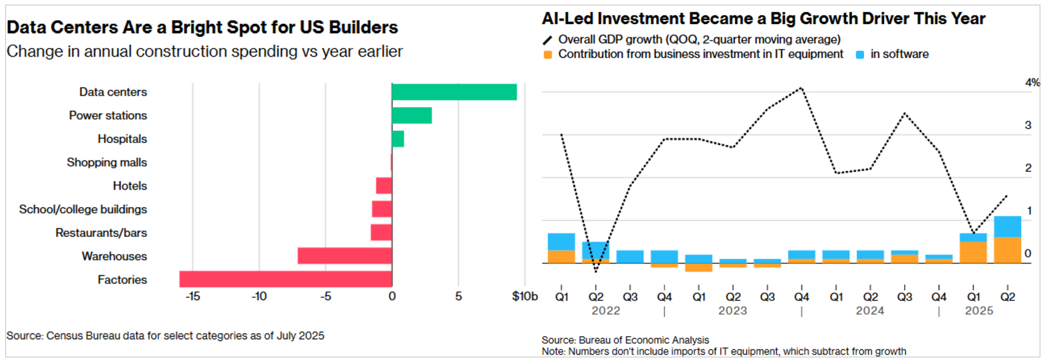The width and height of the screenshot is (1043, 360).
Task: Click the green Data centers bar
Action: click(454, 92)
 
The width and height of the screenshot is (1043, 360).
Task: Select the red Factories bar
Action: click(285, 279)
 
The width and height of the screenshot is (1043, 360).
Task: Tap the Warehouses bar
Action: click(345, 256)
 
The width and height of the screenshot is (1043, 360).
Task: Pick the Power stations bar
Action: click(412, 115)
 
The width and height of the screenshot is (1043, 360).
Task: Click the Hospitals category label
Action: click(122, 139)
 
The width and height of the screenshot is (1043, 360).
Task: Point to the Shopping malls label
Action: click(107, 162)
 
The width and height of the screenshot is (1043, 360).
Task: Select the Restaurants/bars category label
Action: click(102, 233)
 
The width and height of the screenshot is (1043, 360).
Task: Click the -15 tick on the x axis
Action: click(192, 296)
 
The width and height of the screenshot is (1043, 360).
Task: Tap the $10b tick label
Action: click(525, 296)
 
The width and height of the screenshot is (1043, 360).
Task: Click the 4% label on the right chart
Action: click(1032, 83)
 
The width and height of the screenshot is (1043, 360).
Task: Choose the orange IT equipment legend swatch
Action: click(548, 54)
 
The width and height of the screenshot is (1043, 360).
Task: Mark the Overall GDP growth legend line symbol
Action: click(548, 39)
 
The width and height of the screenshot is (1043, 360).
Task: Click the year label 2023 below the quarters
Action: click(732, 311)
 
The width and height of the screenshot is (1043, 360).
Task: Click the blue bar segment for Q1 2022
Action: click(561, 242)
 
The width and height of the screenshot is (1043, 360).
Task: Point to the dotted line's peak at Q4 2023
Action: click(802, 88)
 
